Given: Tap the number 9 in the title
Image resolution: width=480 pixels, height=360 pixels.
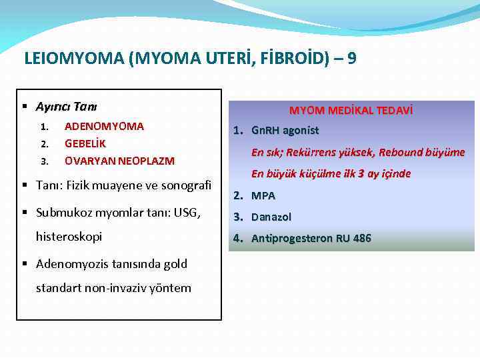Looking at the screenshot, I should pyautogui.click(x=351, y=59).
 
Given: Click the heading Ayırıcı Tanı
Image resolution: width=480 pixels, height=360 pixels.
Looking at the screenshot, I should pyautogui.click(x=67, y=107).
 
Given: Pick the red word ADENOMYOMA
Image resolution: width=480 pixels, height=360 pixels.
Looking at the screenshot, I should pyautogui.click(x=104, y=126).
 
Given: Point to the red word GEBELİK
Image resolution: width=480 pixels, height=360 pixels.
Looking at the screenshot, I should pyautogui.click(x=85, y=143).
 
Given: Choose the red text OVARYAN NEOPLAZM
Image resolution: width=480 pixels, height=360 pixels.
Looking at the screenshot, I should pyautogui.click(x=119, y=161).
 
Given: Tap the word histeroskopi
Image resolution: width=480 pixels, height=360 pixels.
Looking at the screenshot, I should pyautogui.click(x=69, y=237).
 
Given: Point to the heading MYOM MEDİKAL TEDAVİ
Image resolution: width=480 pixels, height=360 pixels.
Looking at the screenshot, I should pyautogui.click(x=351, y=111).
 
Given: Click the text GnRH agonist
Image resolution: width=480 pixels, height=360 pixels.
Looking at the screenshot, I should pyautogui.click(x=285, y=131).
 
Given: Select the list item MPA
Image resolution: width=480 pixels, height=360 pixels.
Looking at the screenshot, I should pyautogui.click(x=263, y=196).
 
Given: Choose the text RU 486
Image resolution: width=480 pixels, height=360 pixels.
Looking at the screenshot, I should pyautogui.click(x=354, y=239).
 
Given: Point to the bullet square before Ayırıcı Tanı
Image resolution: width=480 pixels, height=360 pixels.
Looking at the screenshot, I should pyautogui.click(x=24, y=107).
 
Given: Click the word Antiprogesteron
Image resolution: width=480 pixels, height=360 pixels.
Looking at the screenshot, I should pyautogui.click(x=291, y=239).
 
